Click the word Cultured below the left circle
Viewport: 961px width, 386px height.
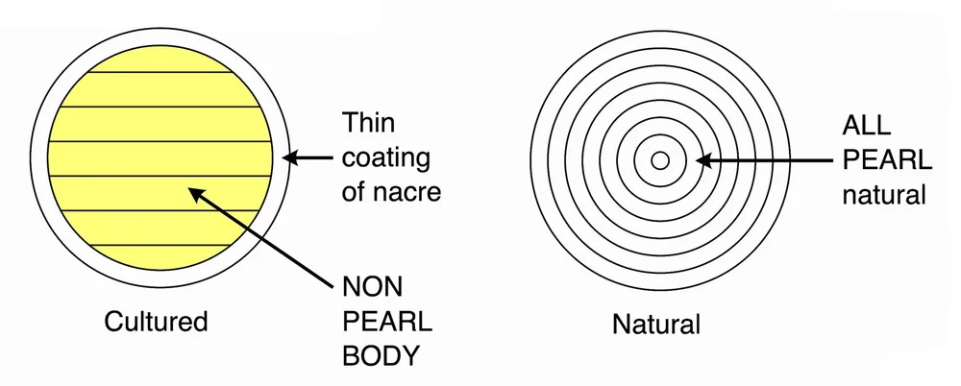[155, 321]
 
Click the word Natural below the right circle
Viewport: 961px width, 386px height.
[656, 324]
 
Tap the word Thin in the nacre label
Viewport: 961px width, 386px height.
[369, 123]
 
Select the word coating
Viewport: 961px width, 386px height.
[386, 157]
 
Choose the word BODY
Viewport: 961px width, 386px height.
[382, 355]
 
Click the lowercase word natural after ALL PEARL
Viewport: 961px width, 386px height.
[883, 195]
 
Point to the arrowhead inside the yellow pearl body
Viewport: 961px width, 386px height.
[195, 194]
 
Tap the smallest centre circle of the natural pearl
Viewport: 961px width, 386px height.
[660, 160]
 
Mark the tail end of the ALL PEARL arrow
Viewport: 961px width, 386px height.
[828, 160]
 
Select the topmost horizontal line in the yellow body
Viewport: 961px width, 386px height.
[160, 72]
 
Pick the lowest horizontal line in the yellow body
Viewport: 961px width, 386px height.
[160, 245]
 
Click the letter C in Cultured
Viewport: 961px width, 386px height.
[112, 321]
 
